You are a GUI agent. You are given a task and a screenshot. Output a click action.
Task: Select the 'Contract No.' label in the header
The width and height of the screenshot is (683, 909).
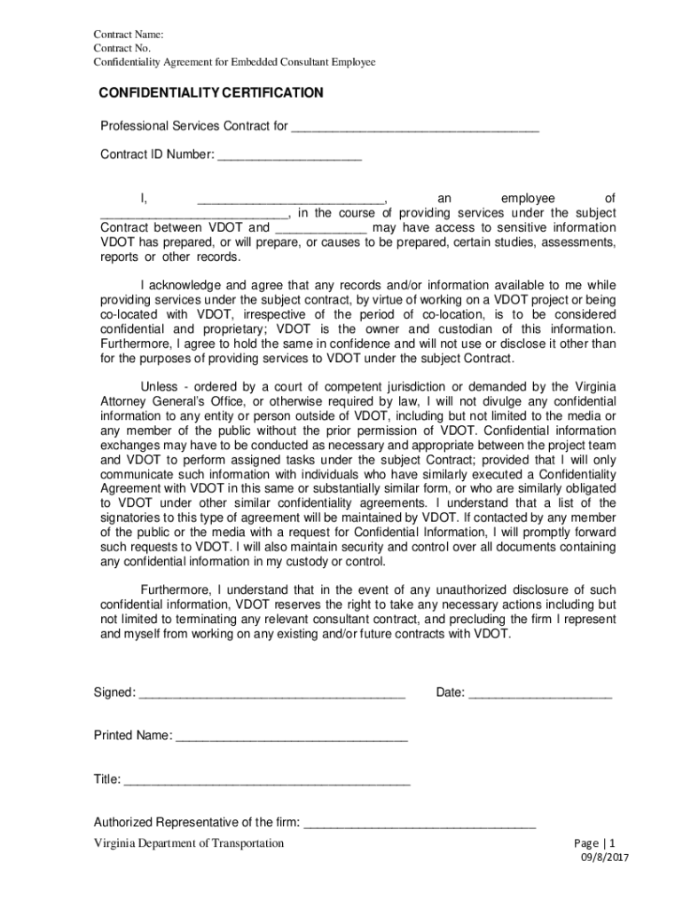point(122,48)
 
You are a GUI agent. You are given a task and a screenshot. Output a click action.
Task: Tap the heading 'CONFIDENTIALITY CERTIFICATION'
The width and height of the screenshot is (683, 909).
point(211,93)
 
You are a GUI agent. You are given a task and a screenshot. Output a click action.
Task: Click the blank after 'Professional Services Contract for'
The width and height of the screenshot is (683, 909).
point(414,127)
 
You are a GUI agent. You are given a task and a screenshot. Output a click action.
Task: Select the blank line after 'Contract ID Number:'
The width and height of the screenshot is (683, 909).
point(289,155)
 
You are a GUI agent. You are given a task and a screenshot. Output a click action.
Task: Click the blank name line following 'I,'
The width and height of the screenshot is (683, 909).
point(290,199)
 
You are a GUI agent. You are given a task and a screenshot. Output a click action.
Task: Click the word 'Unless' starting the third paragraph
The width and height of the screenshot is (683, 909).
point(160,386)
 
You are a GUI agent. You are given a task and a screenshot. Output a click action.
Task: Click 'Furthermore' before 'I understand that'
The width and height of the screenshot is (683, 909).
point(177,591)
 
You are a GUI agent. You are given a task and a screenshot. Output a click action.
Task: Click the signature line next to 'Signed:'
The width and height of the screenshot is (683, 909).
point(272,693)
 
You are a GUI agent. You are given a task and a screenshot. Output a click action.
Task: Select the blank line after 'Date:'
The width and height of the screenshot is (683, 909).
point(539,693)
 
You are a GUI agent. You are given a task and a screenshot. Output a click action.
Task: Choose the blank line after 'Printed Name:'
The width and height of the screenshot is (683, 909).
point(291,736)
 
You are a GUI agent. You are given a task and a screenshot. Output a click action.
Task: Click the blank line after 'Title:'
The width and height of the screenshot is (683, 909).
point(267,780)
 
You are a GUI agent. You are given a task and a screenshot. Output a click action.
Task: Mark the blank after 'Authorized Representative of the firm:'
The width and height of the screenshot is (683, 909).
point(420,823)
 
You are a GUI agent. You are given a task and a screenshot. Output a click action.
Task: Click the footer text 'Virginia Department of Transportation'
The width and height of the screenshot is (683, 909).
point(189,843)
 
